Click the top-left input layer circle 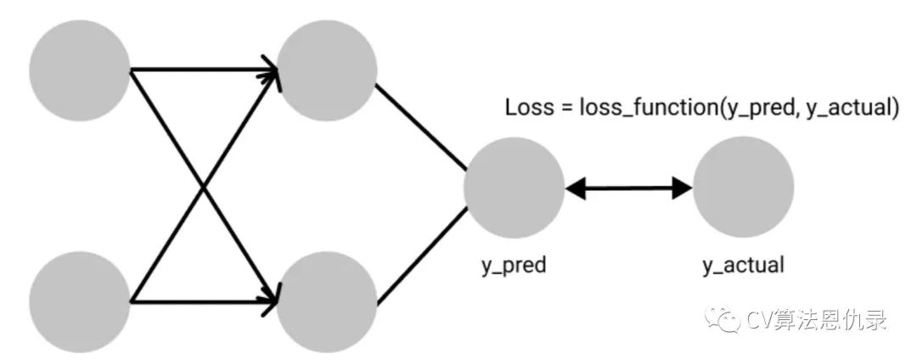pos(80,70)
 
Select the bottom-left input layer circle pos(80,302)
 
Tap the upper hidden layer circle pos(327,70)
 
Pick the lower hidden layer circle pos(327,302)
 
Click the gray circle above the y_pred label pos(514,188)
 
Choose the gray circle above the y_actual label pos(743,188)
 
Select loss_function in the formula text pos(650,108)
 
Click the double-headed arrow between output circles pos(628,188)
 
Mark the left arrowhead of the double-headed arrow pos(576,188)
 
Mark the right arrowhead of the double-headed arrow pos(683,188)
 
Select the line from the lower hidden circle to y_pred pos(422,256)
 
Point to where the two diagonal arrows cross pos(204,187)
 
